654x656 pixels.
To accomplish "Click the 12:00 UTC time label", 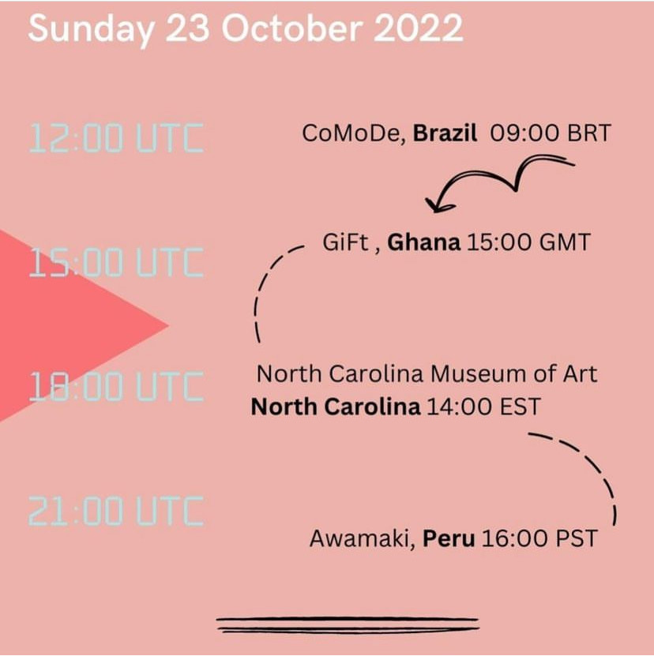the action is coord(116,137).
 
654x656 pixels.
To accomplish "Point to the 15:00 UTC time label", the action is coord(116,262).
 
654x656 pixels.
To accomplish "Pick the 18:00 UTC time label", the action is coord(116,386).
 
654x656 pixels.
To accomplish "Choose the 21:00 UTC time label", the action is coord(116,511).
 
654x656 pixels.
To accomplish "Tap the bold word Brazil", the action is coord(445,133).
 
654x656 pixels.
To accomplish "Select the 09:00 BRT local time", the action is coord(551,133).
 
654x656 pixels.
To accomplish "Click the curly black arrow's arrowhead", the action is coord(438,204).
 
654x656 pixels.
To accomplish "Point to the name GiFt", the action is coord(345,242).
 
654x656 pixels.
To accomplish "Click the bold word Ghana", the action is coord(423,242).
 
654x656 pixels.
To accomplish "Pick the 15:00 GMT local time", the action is coord(528,242).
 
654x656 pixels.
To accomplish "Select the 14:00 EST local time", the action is coord(483,407).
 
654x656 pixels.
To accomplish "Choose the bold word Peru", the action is coord(449,538).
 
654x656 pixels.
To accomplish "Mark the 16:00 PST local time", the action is coord(539,538).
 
